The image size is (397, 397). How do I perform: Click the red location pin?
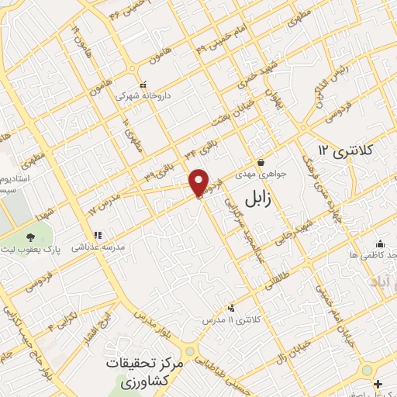[x=199, y=182]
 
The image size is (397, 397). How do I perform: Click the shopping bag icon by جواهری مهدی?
[x=261, y=163]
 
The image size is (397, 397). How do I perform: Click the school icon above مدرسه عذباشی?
[x=98, y=234]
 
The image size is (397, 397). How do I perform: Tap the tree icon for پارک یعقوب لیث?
[x=29, y=237]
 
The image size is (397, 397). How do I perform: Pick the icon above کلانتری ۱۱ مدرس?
[x=230, y=308]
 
